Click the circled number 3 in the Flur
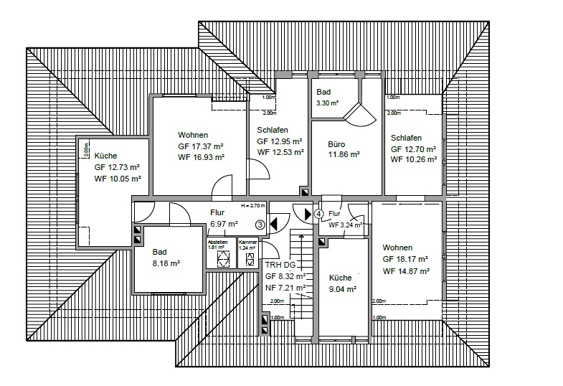pos(260,224)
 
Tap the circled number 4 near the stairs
pos(319,213)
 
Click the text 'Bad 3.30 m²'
pos(327,98)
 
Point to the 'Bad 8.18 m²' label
pos(165,257)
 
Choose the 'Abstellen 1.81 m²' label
pos(217,245)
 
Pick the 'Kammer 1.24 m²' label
pos(247,245)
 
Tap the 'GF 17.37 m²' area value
pos(202,146)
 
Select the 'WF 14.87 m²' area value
pos(406,270)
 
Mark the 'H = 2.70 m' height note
pos(253,205)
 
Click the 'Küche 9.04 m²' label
pos(341,283)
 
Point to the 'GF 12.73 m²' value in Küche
pos(117,166)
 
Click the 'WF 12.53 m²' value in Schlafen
pos(280,152)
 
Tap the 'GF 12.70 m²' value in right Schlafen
pos(414,149)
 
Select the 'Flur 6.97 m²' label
pos(223,219)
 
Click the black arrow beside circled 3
pos(273,224)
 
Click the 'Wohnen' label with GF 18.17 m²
pos(397,247)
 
